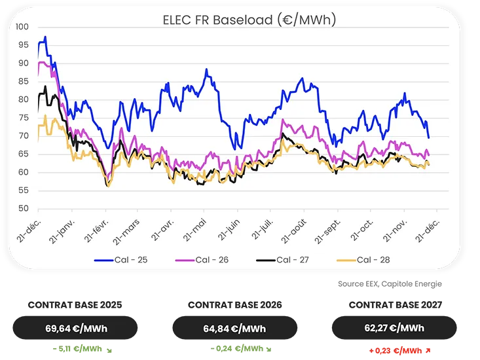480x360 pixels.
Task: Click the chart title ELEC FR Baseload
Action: (249, 20)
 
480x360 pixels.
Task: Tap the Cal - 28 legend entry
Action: (371, 260)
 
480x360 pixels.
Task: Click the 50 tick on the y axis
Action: (24, 209)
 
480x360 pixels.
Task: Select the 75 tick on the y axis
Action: (24, 118)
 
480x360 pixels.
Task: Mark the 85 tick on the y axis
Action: (24, 82)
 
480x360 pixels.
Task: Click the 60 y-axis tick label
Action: (24, 173)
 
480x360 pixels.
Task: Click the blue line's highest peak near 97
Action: (45, 37)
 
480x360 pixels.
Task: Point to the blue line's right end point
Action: (429, 137)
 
